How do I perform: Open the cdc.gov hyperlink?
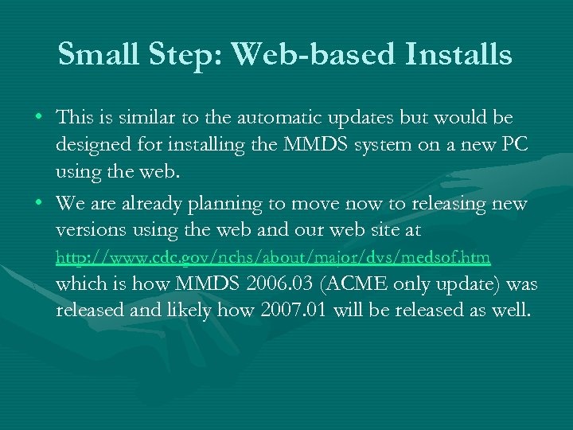[273, 258]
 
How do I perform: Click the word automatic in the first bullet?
[259, 118]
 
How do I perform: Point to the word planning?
[227, 204]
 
